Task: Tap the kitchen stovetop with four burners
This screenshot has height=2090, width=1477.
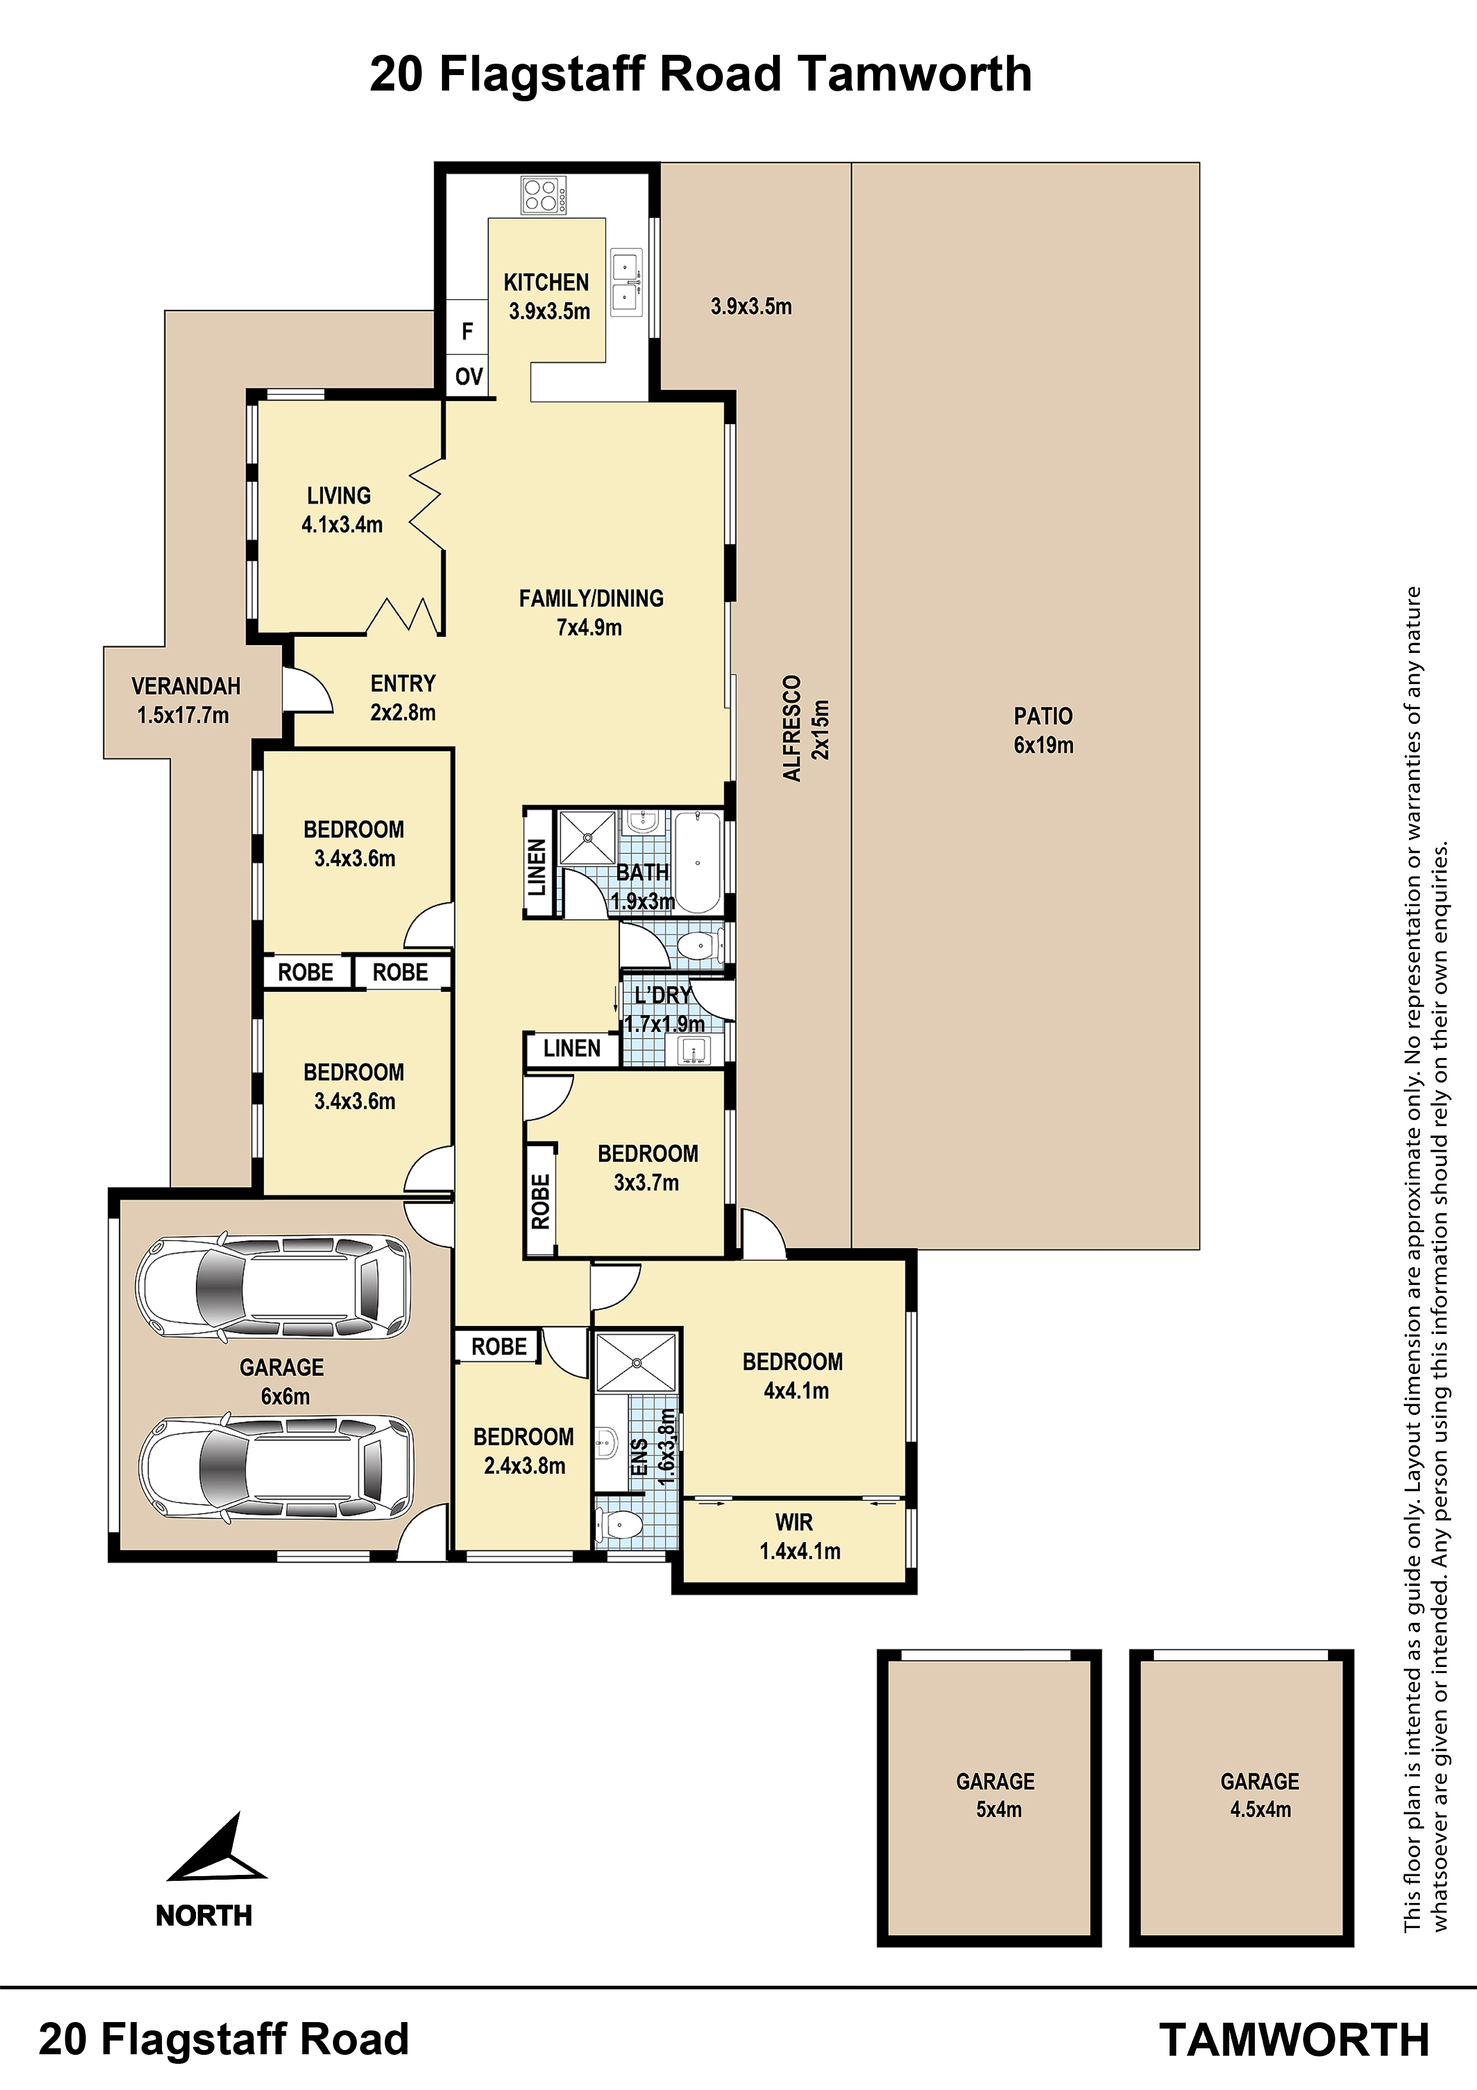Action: [543, 194]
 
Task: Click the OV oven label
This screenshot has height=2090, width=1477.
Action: [469, 376]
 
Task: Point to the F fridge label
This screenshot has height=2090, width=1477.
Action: [467, 331]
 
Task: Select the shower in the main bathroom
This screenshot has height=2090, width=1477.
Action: [587, 836]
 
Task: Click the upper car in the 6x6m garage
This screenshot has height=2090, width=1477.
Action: [273, 1286]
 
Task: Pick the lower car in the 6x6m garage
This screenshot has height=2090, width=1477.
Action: [276, 1467]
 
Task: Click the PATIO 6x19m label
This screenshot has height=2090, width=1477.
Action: [1044, 730]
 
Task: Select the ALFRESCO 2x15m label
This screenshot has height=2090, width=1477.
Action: [805, 728]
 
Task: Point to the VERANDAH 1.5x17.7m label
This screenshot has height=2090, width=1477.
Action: [186, 700]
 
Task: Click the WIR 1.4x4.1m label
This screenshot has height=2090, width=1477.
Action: [800, 1537]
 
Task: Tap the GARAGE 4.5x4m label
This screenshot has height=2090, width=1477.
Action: [1260, 1795]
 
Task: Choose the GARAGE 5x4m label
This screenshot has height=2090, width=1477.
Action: [996, 1795]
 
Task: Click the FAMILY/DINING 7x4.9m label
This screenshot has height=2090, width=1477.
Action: [591, 612]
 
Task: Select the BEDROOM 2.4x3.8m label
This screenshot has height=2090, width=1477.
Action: [524, 1451]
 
